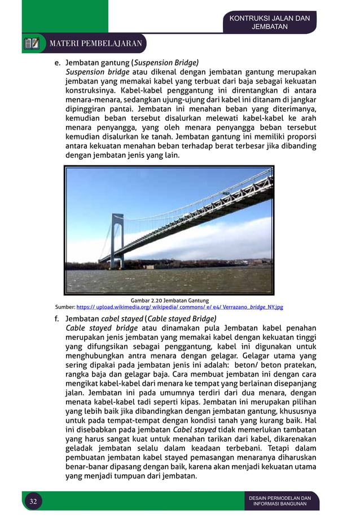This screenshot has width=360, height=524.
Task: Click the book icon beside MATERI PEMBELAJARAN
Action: coord(32,43)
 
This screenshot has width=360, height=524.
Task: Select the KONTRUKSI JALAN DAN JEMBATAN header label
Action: coord(269,23)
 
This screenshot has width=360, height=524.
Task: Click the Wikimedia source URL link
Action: coord(179,307)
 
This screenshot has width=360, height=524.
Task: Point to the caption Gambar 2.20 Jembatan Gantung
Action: coord(169,300)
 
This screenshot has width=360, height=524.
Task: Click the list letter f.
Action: coord(57,318)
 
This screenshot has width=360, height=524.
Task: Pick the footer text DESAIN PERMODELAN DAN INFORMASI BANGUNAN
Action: coord(280,501)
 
